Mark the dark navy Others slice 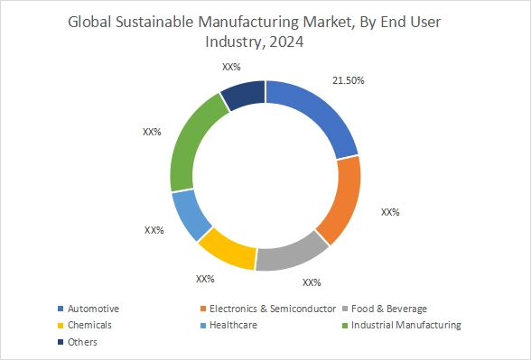pyautogui.click(x=243, y=95)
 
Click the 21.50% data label pyautogui.click(x=349, y=80)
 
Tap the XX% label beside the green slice pyautogui.click(x=151, y=132)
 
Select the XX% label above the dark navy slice pyautogui.click(x=231, y=66)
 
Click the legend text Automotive pyautogui.click(x=94, y=309)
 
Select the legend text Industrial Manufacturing pyautogui.click(x=406, y=325)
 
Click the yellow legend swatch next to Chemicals pyautogui.click(x=61, y=325)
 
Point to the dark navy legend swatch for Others pyautogui.click(x=61, y=342)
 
